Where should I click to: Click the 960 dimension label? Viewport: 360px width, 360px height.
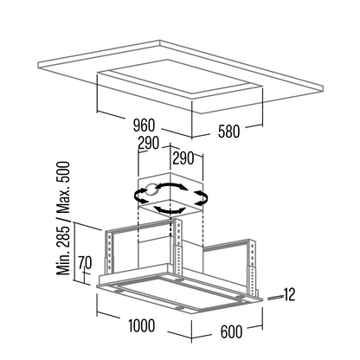click(x=145, y=125)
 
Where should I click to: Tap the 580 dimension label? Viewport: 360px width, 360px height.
click(x=228, y=132)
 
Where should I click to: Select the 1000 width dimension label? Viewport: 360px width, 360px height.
click(x=142, y=325)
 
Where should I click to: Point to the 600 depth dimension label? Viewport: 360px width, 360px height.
click(x=231, y=331)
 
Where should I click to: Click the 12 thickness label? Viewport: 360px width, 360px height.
click(x=289, y=295)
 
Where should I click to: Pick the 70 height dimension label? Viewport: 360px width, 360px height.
click(x=85, y=263)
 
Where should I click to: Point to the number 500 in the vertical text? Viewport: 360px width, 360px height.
click(x=63, y=171)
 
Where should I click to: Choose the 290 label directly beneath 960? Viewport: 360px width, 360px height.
click(x=149, y=143)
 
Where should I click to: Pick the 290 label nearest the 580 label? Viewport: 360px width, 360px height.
click(x=183, y=158)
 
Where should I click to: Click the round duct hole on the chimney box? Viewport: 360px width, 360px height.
click(x=151, y=190)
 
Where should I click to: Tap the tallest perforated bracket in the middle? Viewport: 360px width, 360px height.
click(x=178, y=247)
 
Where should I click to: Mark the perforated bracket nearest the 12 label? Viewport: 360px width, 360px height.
click(x=252, y=268)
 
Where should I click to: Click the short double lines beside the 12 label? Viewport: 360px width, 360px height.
click(x=275, y=298)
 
